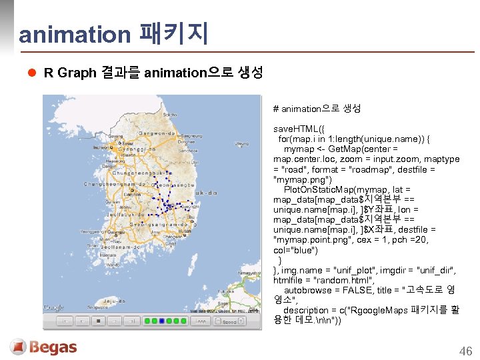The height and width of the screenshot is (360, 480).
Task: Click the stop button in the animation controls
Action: point(98,321)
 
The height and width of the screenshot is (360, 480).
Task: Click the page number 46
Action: point(465,351)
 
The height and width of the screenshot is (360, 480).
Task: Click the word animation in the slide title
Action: point(75,34)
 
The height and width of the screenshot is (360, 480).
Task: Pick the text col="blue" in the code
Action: point(295,250)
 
